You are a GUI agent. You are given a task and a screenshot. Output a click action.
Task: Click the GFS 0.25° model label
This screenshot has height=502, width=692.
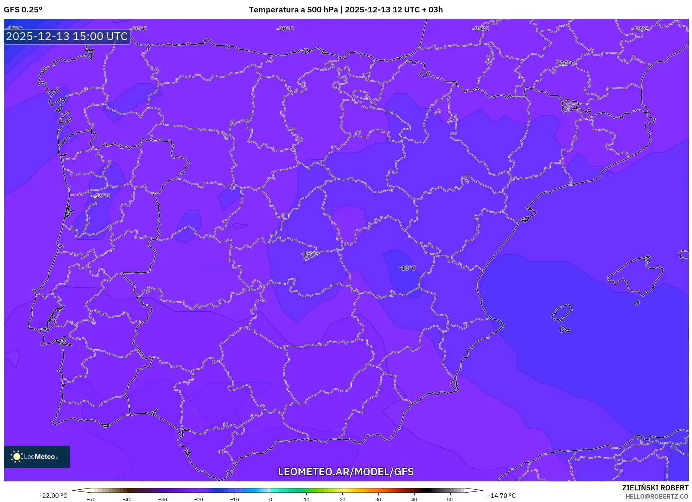[x=23, y=10]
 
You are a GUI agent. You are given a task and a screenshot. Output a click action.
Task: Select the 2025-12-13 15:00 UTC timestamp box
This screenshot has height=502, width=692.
[x=67, y=36]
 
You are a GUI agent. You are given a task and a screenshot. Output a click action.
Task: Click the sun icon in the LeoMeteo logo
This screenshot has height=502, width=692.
[x=16, y=457]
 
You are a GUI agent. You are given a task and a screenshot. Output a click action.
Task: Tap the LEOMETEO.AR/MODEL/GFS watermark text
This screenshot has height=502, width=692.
[x=346, y=472]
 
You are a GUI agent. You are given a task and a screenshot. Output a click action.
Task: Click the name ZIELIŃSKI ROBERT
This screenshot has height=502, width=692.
[x=655, y=488]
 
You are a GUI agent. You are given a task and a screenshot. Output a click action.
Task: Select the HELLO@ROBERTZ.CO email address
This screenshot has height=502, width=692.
[x=657, y=496]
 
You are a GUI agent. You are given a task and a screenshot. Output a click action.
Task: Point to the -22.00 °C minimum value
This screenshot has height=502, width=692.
[x=54, y=496]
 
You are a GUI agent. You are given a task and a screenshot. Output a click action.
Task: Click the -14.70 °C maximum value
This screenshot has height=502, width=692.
[x=502, y=496]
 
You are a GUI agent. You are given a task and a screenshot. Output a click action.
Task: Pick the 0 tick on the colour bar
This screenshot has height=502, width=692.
[x=271, y=499]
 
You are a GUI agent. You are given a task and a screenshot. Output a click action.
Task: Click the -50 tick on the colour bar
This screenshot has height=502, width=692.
[x=91, y=499]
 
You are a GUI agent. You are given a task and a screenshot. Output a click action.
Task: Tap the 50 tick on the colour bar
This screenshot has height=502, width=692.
[x=450, y=499]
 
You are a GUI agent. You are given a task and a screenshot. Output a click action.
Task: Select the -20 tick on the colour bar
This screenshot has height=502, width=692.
[x=199, y=499]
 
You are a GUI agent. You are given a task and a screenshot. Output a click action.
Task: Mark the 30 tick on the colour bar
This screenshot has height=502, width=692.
[x=378, y=499]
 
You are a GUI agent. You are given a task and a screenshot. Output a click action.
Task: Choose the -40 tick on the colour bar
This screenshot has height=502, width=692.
[x=127, y=499]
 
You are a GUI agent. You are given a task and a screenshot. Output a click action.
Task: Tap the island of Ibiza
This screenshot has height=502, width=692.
[x=562, y=313]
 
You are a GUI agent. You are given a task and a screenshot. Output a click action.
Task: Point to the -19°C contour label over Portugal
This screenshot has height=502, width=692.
[x=102, y=195]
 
